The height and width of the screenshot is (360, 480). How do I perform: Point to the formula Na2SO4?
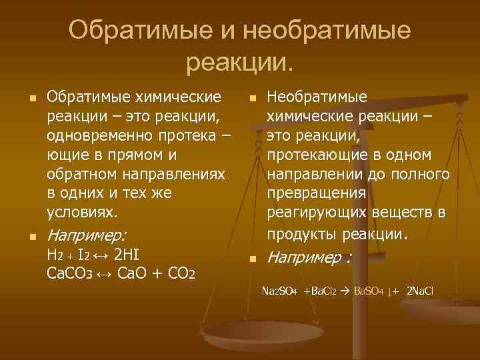[280, 291]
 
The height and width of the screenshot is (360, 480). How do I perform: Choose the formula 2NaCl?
[421, 291]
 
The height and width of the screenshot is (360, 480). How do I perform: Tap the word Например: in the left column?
[87, 235]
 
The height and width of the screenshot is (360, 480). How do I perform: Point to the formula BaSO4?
[368, 291]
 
